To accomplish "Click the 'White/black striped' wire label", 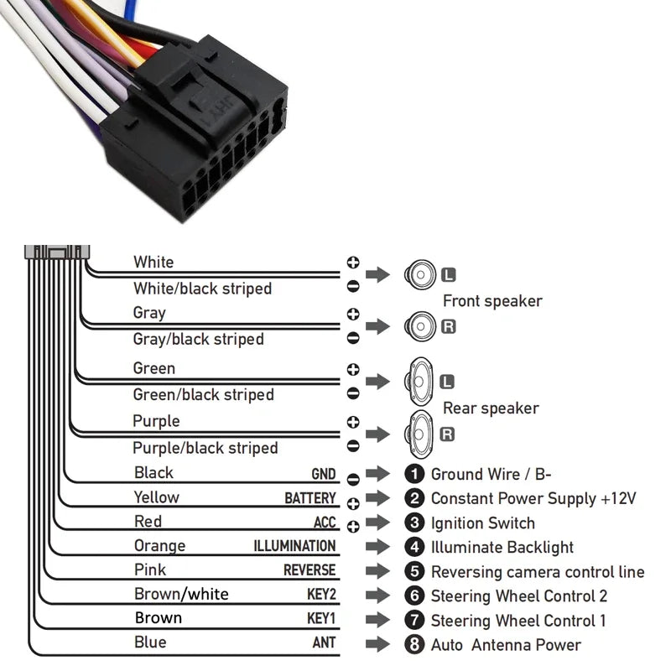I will pos(202,289).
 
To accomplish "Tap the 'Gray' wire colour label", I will pos(149,313).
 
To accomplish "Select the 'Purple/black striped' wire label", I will pos(205,448).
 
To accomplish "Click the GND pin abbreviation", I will pos(323,475).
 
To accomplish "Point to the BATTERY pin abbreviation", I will pos(309,499).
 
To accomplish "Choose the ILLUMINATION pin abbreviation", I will pos(294,546).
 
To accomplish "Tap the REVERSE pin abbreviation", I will pos(309,570).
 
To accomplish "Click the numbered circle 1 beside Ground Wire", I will pos(414,475).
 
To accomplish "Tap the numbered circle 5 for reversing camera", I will pos(414,572).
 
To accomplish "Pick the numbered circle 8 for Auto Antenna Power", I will pos(414,645).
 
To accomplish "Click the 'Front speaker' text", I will pos(492,301).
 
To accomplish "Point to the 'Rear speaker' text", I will pos(491,408).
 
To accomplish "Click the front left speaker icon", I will pos(419,274).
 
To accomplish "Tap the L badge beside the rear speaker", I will pos(448,382).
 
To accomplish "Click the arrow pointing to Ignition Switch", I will pos(378,523).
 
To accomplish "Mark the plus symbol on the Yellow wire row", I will pos(353,503).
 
